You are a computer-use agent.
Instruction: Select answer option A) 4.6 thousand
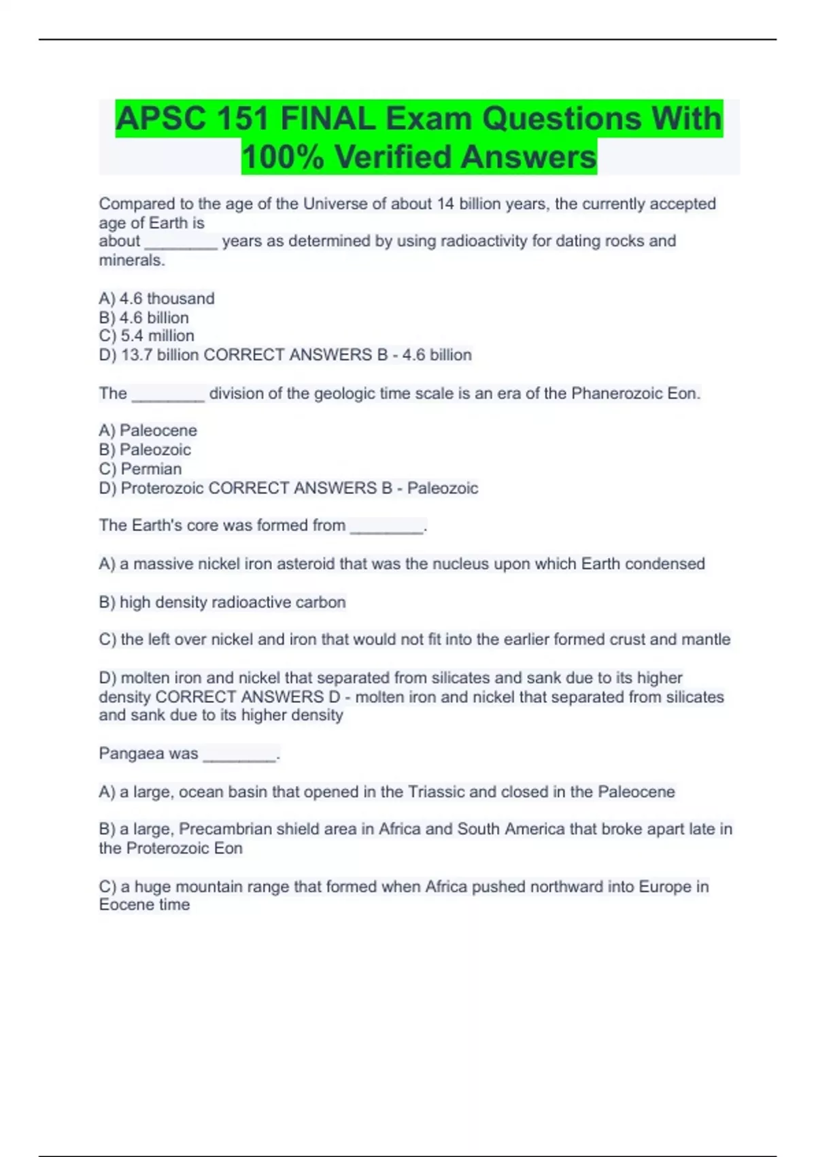point(156,299)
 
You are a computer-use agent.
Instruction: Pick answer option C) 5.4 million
point(146,336)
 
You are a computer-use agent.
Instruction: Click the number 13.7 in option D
point(137,355)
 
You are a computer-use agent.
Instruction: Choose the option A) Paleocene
point(148,430)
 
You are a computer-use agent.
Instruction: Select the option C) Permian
point(140,469)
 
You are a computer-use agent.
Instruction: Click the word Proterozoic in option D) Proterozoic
point(162,488)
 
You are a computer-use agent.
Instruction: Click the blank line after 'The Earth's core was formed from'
point(386,527)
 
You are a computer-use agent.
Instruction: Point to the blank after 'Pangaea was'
point(239,755)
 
